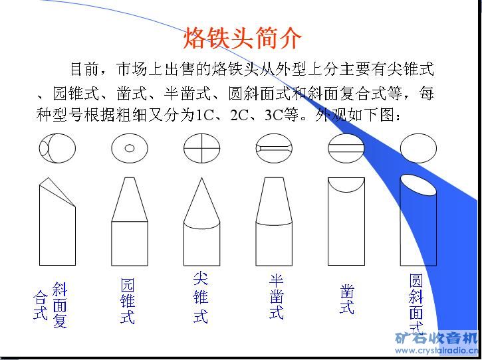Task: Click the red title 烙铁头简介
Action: [242, 38]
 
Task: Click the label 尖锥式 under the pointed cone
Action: [201, 298]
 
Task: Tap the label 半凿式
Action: [276, 296]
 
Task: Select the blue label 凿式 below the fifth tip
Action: [347, 299]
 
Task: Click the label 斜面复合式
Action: [50, 304]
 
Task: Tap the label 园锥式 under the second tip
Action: [128, 301]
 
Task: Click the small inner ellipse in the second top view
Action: [130, 148]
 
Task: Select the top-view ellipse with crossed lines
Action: [201, 148]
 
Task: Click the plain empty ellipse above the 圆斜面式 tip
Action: [418, 148]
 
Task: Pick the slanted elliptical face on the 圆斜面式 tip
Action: [418, 185]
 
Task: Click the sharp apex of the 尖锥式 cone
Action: [201, 178]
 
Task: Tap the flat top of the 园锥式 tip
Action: [130, 177]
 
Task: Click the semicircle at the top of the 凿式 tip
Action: [346, 191]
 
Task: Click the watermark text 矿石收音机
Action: [436, 338]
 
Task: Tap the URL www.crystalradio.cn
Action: [437, 351]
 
